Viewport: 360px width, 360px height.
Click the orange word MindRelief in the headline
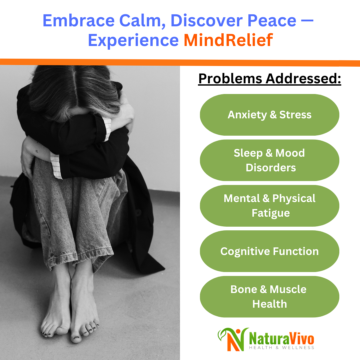pyautogui.click(x=228, y=40)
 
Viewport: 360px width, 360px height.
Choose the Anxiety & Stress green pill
pyautogui.click(x=269, y=115)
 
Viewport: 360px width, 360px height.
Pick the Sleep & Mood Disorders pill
pyautogui.click(x=269, y=160)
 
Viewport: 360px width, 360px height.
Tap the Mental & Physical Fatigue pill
pyautogui.click(x=269, y=205)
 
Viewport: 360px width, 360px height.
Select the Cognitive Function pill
pyautogui.click(x=269, y=251)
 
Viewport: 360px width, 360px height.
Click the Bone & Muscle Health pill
pyautogui.click(x=269, y=296)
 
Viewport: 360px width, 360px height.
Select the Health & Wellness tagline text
pyautogui.click(x=282, y=348)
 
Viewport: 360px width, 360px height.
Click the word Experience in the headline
pyautogui.click(x=133, y=40)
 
